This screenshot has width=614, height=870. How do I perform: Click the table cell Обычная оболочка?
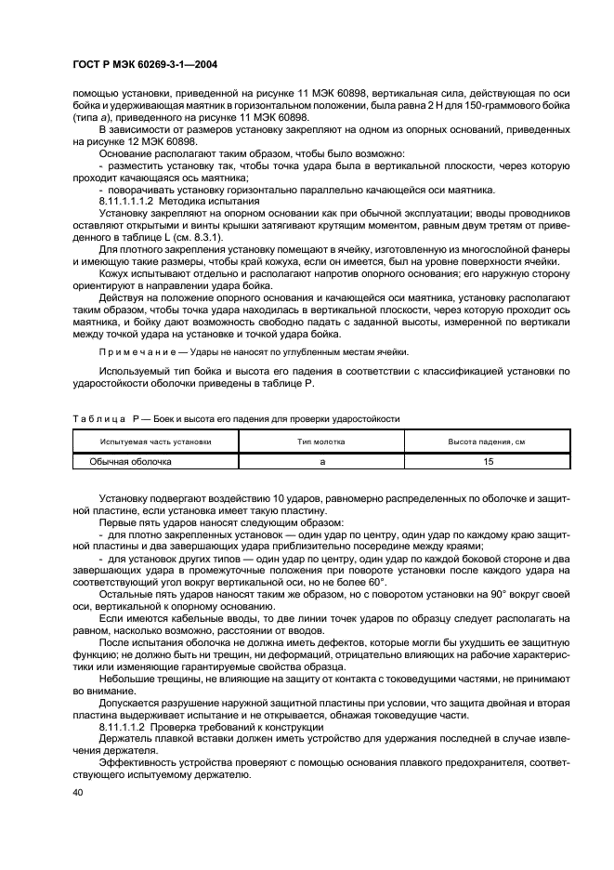tap(130, 460)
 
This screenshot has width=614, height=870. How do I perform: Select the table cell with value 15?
tap(488, 460)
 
